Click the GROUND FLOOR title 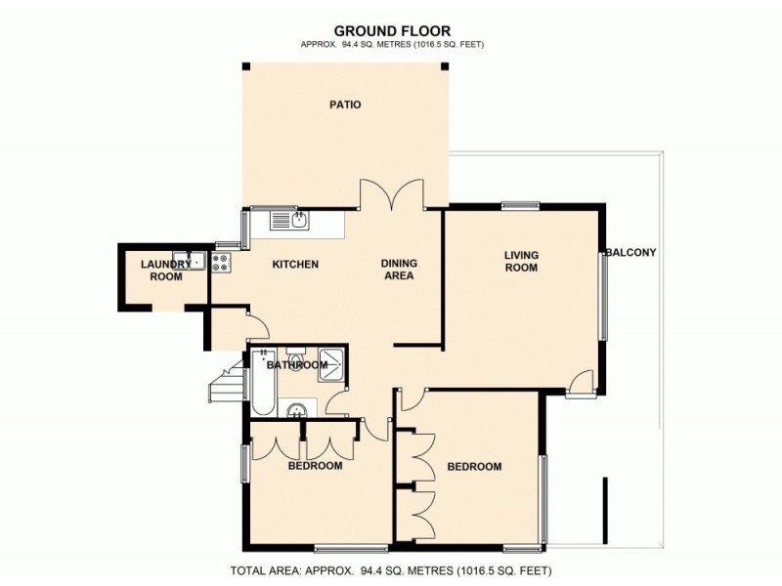point(392,30)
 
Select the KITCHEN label point(295,265)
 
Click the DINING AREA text point(399,270)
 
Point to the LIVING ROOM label point(521,262)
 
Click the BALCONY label point(631,252)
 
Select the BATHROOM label point(297,365)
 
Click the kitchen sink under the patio point(289,221)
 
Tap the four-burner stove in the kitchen point(221,262)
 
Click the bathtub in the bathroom point(262,386)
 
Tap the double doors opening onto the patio point(393,195)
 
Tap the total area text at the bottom point(392,569)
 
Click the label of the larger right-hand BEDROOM point(474,467)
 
